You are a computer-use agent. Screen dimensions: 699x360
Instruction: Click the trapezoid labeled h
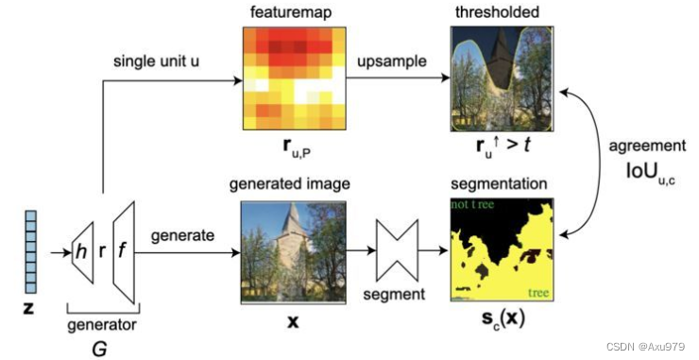point(87,253)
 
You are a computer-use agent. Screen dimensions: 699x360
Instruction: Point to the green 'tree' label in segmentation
point(538,291)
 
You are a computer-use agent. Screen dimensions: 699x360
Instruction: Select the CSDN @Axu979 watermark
point(641,345)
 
